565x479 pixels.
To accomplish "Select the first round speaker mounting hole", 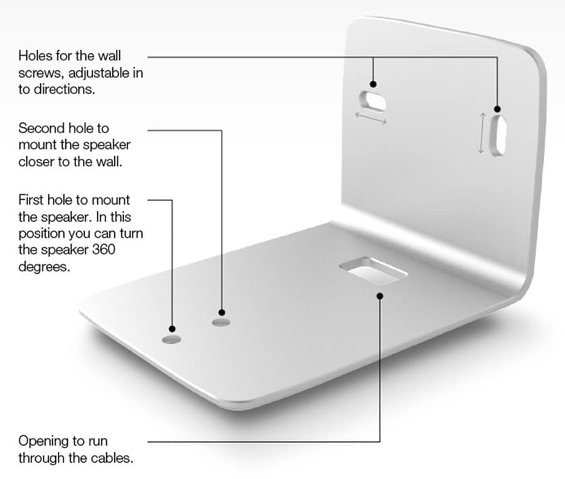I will pos(171,339).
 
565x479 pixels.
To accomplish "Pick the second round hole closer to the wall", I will pos(220,323).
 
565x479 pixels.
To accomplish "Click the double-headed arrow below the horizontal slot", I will pos(371,118).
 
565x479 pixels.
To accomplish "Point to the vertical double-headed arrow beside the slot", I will pos(482,132).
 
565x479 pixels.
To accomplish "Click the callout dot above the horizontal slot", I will pos(374,83).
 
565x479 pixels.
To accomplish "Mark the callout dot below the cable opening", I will pos(379,295).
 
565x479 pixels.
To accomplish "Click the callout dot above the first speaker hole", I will pos(172,329).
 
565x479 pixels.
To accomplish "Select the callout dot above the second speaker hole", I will pos(221,312).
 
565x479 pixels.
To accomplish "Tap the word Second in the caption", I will pos(41,128).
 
